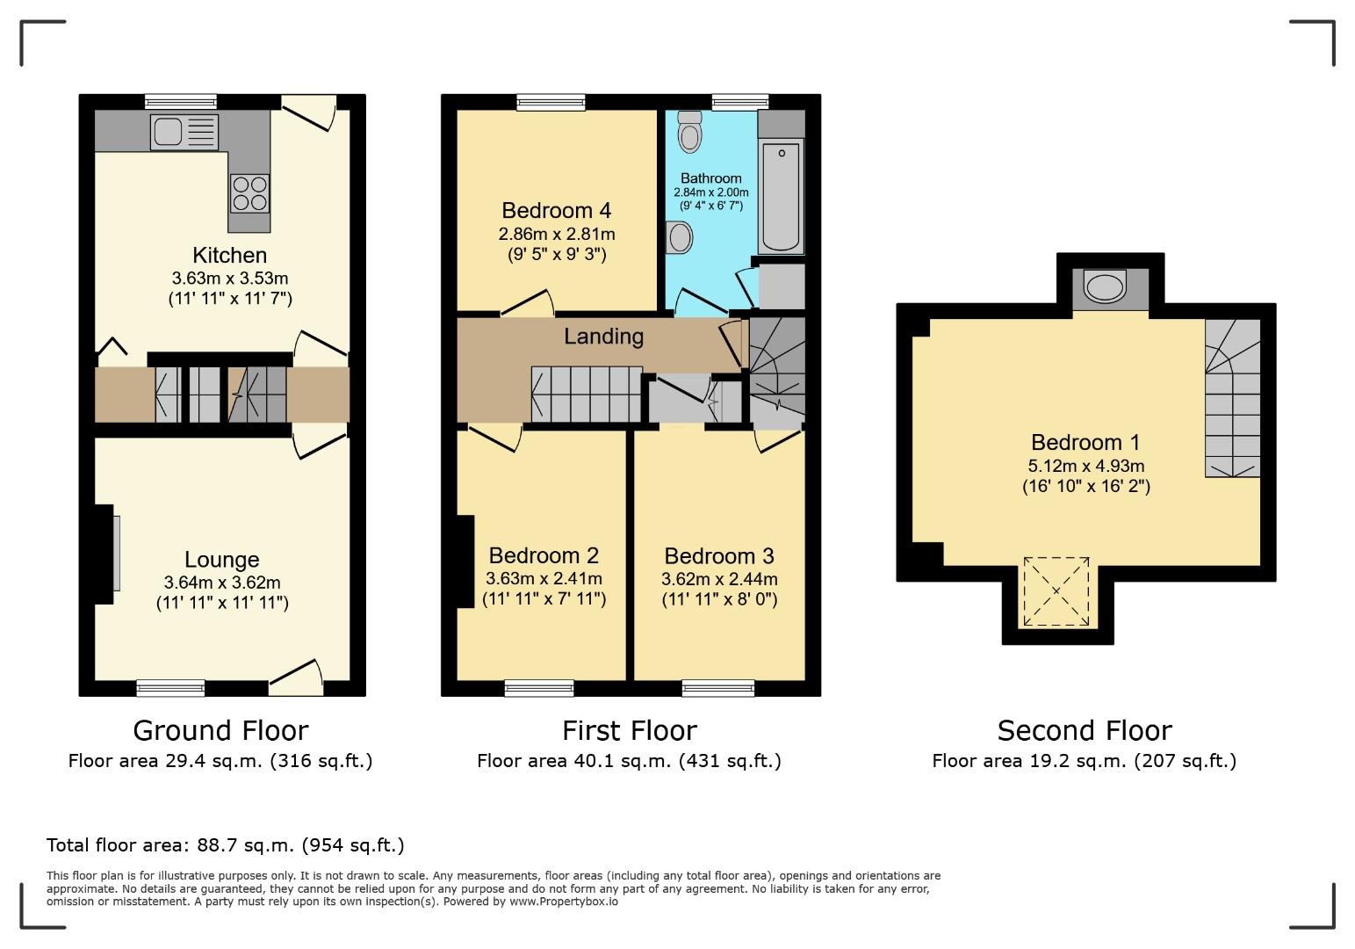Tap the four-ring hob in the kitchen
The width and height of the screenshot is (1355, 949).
249,193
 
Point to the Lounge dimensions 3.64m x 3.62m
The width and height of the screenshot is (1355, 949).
222,582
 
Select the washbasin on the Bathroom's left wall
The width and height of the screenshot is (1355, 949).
679,237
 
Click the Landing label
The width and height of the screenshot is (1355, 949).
603,336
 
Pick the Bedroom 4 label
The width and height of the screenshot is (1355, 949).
556,210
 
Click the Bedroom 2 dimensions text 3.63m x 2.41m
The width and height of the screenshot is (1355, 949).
544,578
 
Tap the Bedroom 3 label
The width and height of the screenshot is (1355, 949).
719,555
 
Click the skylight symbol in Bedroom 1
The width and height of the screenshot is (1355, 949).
1057,591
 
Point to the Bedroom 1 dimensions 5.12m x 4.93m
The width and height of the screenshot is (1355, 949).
1086,466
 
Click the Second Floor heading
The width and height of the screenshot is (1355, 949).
1085,730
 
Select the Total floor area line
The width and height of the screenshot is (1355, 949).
225,845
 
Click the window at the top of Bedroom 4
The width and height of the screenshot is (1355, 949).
551,103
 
